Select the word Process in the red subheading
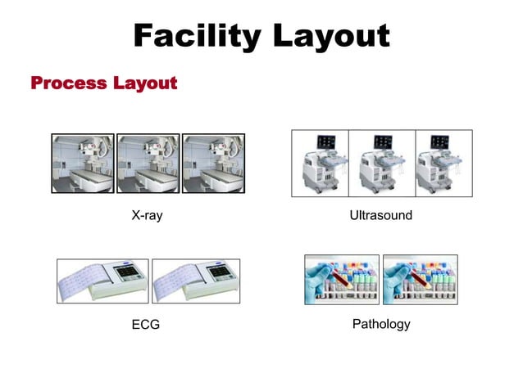pyautogui.click(x=68, y=83)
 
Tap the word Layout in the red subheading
pyautogui.click(x=145, y=83)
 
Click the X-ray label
pyautogui.click(x=146, y=217)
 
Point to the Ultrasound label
pyautogui.click(x=380, y=217)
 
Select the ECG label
pyautogui.click(x=146, y=325)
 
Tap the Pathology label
pyautogui.click(x=380, y=324)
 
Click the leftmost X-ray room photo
pyautogui.click(x=83, y=164)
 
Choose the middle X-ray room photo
pyautogui.click(x=148, y=164)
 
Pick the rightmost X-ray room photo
pyautogui.click(x=212, y=164)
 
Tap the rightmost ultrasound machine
pyautogui.click(x=443, y=164)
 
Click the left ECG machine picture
pyautogui.click(x=102, y=281)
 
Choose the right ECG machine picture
pyautogui.click(x=196, y=281)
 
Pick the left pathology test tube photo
pyautogui.click(x=341, y=280)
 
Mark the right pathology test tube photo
pyautogui.click(x=420, y=280)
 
